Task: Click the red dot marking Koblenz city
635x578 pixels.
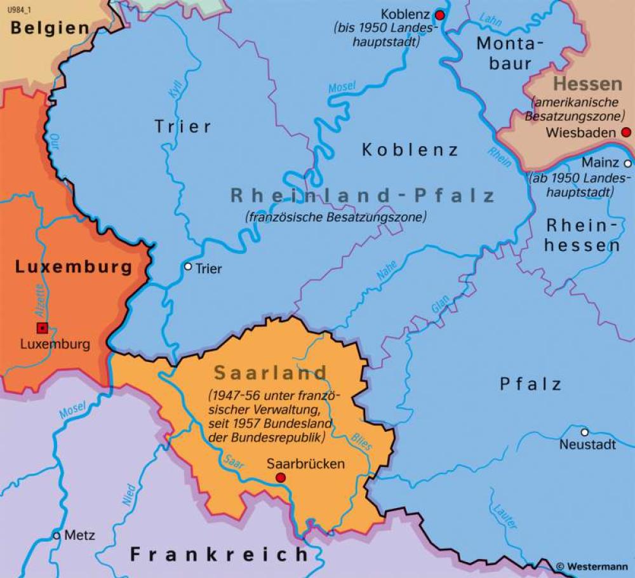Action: [439, 14]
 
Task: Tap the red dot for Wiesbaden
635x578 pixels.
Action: [626, 133]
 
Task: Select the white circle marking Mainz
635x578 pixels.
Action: [627, 163]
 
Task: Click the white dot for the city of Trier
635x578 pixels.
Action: [188, 267]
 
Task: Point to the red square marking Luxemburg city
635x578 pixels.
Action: [42, 328]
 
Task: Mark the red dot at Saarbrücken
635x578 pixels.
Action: [280, 478]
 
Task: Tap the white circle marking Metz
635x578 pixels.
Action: [57, 535]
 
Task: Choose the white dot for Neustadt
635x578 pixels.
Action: [584, 432]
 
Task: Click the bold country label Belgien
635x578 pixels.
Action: [50, 28]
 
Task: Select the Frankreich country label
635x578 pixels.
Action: [219, 554]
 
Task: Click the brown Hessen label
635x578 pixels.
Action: [587, 84]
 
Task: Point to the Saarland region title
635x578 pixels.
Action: [271, 372]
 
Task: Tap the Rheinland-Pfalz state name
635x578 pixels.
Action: [363, 196]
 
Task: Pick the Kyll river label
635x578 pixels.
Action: [176, 90]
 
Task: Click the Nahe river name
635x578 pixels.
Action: [387, 271]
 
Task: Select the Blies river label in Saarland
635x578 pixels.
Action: [361, 442]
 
